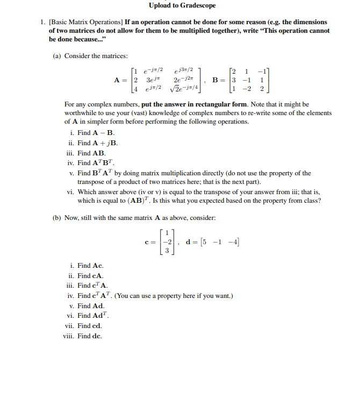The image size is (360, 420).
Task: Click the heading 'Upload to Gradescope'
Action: [x=180, y=5]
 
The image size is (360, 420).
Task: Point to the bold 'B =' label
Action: [x=218, y=80]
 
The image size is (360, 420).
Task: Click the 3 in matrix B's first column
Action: [x=232, y=80]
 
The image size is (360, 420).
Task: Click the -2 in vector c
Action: [x=168, y=242]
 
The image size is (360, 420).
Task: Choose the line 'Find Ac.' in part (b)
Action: [x=90, y=266]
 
